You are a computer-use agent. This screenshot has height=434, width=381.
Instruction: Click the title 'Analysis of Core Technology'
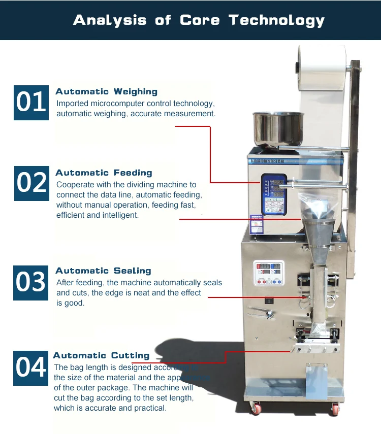[x=199, y=20]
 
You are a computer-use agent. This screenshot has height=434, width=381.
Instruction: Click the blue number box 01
[x=31, y=102]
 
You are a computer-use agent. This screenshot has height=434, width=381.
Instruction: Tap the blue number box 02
[x=31, y=183]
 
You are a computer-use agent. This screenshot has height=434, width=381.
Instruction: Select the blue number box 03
[x=31, y=282]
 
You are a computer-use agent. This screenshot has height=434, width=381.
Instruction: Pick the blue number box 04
[x=31, y=368]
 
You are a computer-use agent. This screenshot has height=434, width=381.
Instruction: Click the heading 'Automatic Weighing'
[x=106, y=92]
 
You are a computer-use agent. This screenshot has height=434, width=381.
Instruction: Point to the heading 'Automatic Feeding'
[x=104, y=173]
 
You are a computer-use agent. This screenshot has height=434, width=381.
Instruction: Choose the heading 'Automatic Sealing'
[x=103, y=271]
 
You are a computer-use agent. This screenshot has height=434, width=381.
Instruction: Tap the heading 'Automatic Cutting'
[x=101, y=356]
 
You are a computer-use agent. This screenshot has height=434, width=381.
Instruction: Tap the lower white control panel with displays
[x=269, y=275]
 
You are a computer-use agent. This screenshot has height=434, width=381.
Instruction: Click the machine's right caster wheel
[x=335, y=409]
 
